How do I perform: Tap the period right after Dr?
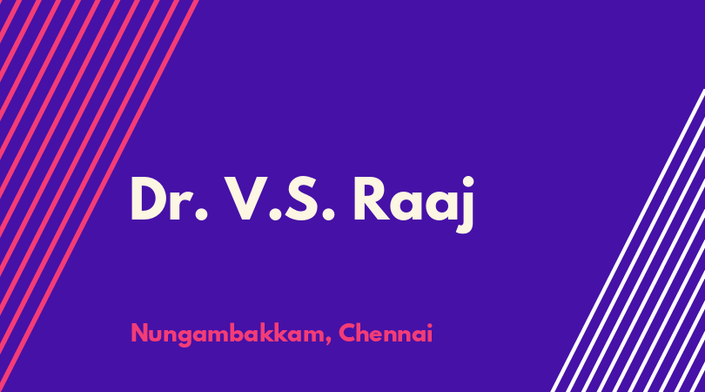coord(201,214)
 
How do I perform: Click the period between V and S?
coord(275,214)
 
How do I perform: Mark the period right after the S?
coord(329,214)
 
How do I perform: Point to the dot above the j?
coord(468,182)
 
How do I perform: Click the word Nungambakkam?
coord(229,335)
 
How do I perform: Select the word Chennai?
coord(386,333)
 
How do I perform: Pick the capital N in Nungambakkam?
coord(139,333)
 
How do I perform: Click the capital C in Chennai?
coord(347,333)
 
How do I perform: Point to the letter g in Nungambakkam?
coord(186,337)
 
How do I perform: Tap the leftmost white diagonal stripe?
coord(628,240)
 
